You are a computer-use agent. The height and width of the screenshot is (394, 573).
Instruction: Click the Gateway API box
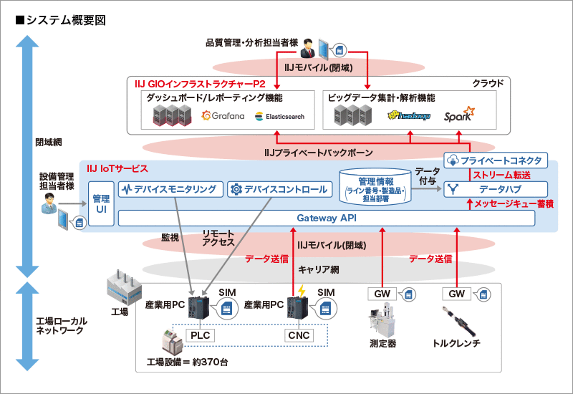pyautogui.click(x=326, y=218)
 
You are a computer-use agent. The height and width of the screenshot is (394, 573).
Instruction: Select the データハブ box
pyautogui.click(x=496, y=190)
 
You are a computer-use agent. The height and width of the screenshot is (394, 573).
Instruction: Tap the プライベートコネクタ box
pyautogui.click(x=496, y=160)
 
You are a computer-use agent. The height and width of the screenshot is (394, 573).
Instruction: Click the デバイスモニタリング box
pyautogui.click(x=169, y=190)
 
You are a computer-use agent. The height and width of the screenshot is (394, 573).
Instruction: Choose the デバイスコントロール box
pyautogui.click(x=280, y=190)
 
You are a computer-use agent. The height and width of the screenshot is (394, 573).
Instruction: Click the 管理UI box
pyautogui.click(x=101, y=203)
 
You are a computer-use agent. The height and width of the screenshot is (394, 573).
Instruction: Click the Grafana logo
pyautogui.click(x=223, y=115)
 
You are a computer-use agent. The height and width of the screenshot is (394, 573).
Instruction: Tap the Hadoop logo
pyautogui.click(x=409, y=115)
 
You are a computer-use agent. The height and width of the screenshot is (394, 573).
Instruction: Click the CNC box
pyautogui.click(x=297, y=334)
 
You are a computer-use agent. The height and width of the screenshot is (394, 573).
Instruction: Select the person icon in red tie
pyautogui.click(x=307, y=48)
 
